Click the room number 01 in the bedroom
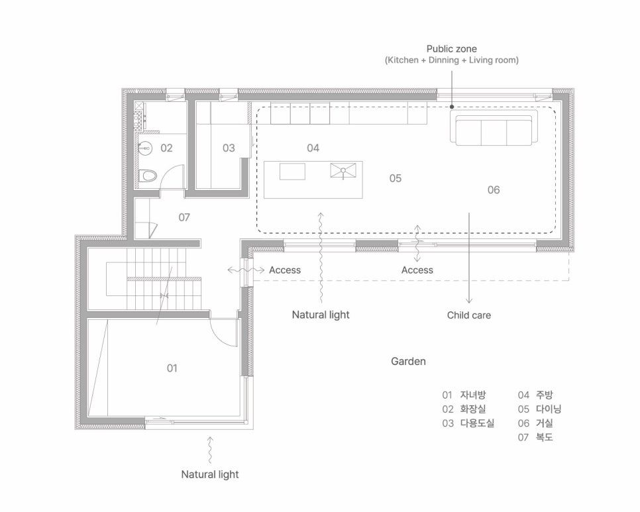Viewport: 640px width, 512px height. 172,368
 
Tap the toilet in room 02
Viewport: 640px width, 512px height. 147,176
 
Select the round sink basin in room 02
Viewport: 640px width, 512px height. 144,148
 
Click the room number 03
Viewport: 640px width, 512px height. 229,148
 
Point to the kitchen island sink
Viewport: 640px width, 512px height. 343,170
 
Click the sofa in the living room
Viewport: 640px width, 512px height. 494,130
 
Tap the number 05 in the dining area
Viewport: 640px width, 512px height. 395,178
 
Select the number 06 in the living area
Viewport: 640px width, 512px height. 494,189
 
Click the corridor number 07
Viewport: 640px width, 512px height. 184,217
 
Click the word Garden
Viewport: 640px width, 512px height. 408,361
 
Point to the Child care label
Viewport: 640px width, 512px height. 468,315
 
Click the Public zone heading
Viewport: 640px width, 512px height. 451,49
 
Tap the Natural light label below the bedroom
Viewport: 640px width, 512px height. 210,474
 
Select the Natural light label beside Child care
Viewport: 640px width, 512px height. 321,315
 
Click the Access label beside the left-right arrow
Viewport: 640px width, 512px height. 284,270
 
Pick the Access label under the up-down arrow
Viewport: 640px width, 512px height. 417,270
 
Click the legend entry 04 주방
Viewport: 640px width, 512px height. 535,395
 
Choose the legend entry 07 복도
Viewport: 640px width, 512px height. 535,437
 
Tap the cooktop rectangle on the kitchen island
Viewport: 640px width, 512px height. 292,172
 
